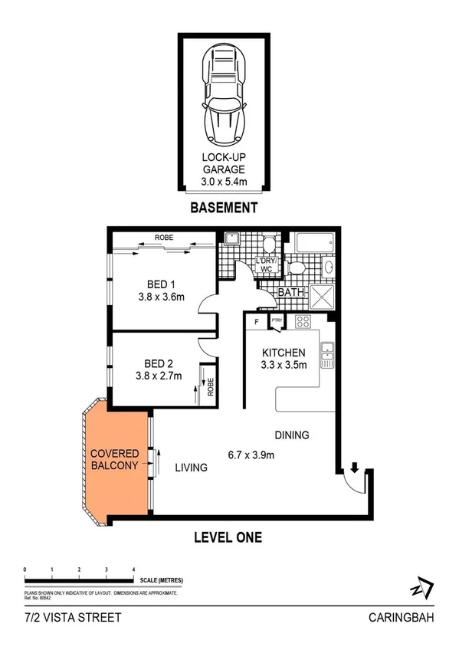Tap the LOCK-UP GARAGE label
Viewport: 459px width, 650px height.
pyautogui.click(x=223, y=170)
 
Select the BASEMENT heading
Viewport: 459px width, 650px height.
pyautogui.click(x=224, y=208)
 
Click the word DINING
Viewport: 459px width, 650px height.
pyautogui.click(x=292, y=435)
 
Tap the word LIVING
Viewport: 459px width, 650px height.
pyautogui.click(x=191, y=467)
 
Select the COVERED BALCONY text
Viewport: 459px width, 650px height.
pyautogui.click(x=115, y=459)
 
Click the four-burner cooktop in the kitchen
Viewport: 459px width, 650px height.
pyautogui.click(x=303, y=322)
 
